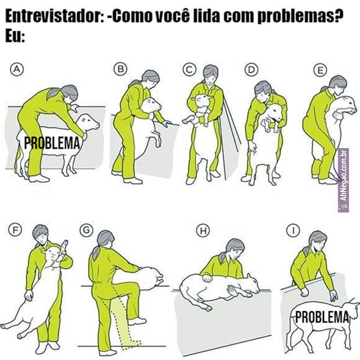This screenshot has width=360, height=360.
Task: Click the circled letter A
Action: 17,69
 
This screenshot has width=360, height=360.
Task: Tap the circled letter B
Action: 121,69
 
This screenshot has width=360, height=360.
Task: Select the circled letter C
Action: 189,69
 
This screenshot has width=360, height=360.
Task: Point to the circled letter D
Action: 251,69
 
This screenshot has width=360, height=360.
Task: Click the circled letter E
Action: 321,70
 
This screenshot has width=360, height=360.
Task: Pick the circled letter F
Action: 15,230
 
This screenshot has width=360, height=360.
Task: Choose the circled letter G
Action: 87,230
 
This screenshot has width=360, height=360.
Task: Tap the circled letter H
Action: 203,231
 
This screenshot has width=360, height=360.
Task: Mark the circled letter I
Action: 293,231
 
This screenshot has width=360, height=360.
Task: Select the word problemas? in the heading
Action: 300,17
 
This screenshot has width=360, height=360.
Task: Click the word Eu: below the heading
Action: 15,36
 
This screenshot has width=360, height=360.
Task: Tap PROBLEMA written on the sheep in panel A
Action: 52,143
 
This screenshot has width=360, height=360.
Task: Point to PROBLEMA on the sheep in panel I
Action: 322,317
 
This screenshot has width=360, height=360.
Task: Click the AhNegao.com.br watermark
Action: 344,181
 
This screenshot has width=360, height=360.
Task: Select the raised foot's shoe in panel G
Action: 137,321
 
